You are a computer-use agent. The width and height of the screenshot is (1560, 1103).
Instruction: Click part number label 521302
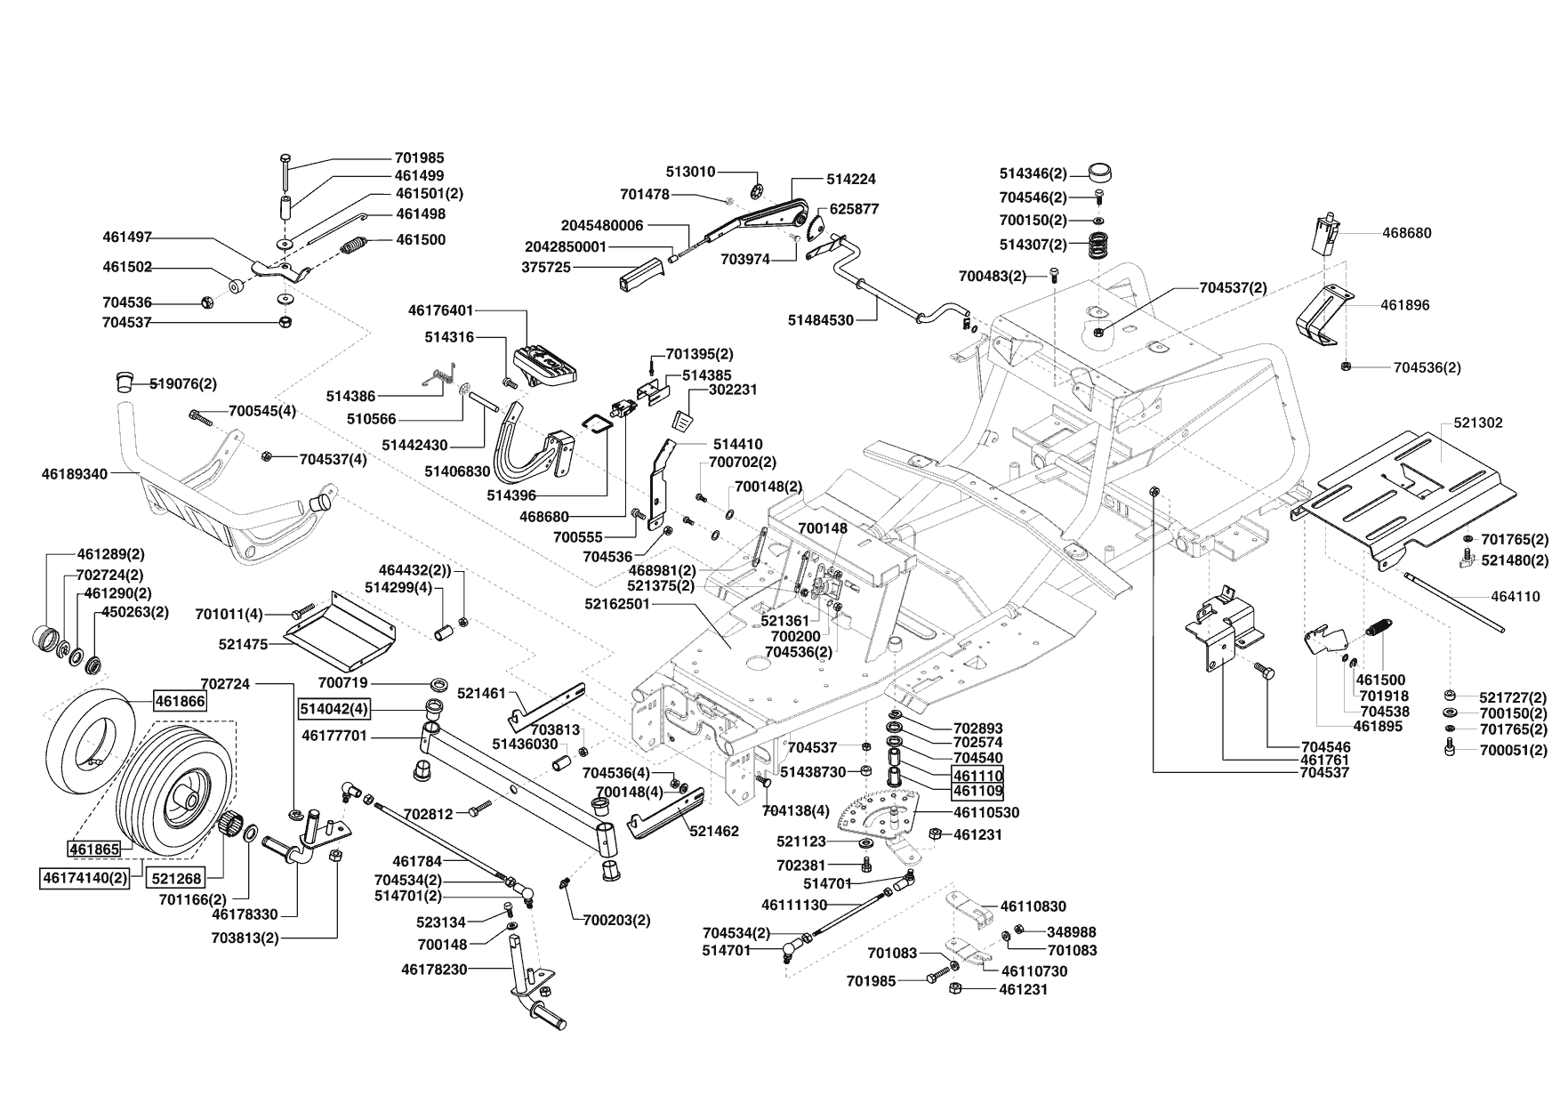pos(1477,423)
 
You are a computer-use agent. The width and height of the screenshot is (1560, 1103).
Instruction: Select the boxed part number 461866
pos(180,701)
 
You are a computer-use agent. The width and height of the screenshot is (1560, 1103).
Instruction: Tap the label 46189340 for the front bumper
pos(74,474)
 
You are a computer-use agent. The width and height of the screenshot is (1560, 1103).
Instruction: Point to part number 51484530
pos(820,320)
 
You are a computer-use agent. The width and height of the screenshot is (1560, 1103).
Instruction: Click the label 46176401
pos(441,310)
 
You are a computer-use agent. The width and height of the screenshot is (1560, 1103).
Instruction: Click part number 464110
pos(1516,597)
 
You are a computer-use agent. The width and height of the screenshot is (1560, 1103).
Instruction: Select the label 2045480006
pos(602,226)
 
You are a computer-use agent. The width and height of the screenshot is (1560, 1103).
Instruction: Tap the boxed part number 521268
pos(176,877)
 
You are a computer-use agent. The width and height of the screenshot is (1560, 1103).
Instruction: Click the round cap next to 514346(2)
pos(1101,173)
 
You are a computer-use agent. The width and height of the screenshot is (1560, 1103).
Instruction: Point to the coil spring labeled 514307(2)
pos(1101,244)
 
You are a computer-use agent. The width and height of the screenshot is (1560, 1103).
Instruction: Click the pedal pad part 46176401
pos(547,360)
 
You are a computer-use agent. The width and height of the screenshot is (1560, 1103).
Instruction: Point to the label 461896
pos(1405,305)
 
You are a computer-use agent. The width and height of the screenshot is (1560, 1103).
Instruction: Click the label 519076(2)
pos(183,384)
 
